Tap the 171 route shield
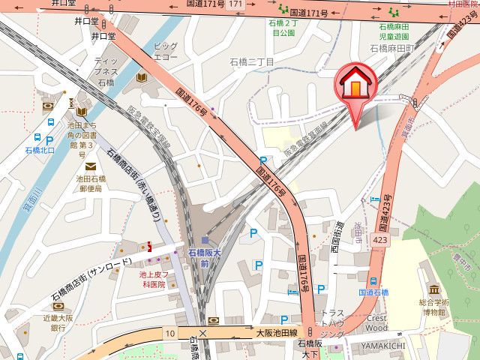(x=236, y=5)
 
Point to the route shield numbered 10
(x=170, y=332)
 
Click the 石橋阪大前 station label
(x=204, y=259)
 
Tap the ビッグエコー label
(x=165, y=51)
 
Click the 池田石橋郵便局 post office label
(x=91, y=184)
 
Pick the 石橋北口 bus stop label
(x=40, y=150)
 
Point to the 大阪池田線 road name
(x=277, y=332)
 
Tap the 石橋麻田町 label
(x=392, y=48)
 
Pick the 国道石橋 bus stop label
(x=373, y=292)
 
